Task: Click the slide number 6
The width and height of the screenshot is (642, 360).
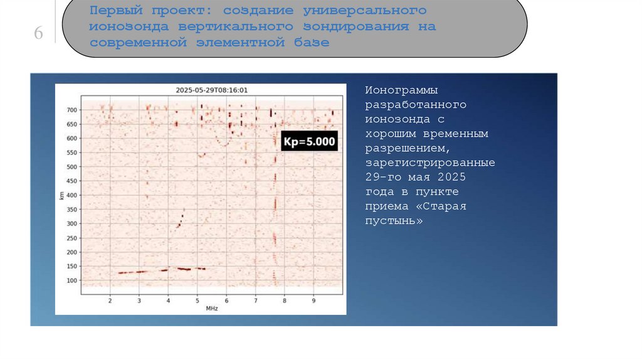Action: pyautogui.click(x=38, y=34)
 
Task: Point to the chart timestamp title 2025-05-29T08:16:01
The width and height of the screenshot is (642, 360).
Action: pyautogui.click(x=213, y=90)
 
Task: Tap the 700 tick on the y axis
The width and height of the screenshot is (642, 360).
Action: pyautogui.click(x=72, y=110)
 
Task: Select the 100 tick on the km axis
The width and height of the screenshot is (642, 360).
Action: pyautogui.click(x=72, y=280)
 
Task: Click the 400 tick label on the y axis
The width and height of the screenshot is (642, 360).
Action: pyautogui.click(x=72, y=195)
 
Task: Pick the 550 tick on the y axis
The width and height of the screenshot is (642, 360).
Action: pyautogui.click(x=72, y=152)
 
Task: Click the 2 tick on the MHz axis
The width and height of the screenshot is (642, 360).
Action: pyautogui.click(x=110, y=301)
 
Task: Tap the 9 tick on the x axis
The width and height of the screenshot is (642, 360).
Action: pyautogui.click(x=313, y=301)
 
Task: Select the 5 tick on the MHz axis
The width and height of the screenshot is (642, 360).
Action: pyautogui.click(x=197, y=301)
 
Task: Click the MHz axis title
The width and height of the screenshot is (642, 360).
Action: pyautogui.click(x=211, y=309)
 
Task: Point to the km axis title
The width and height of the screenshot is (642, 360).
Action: pyautogui.click(x=61, y=196)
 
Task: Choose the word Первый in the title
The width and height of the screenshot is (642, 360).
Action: pyautogui.click(x=112, y=11)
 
